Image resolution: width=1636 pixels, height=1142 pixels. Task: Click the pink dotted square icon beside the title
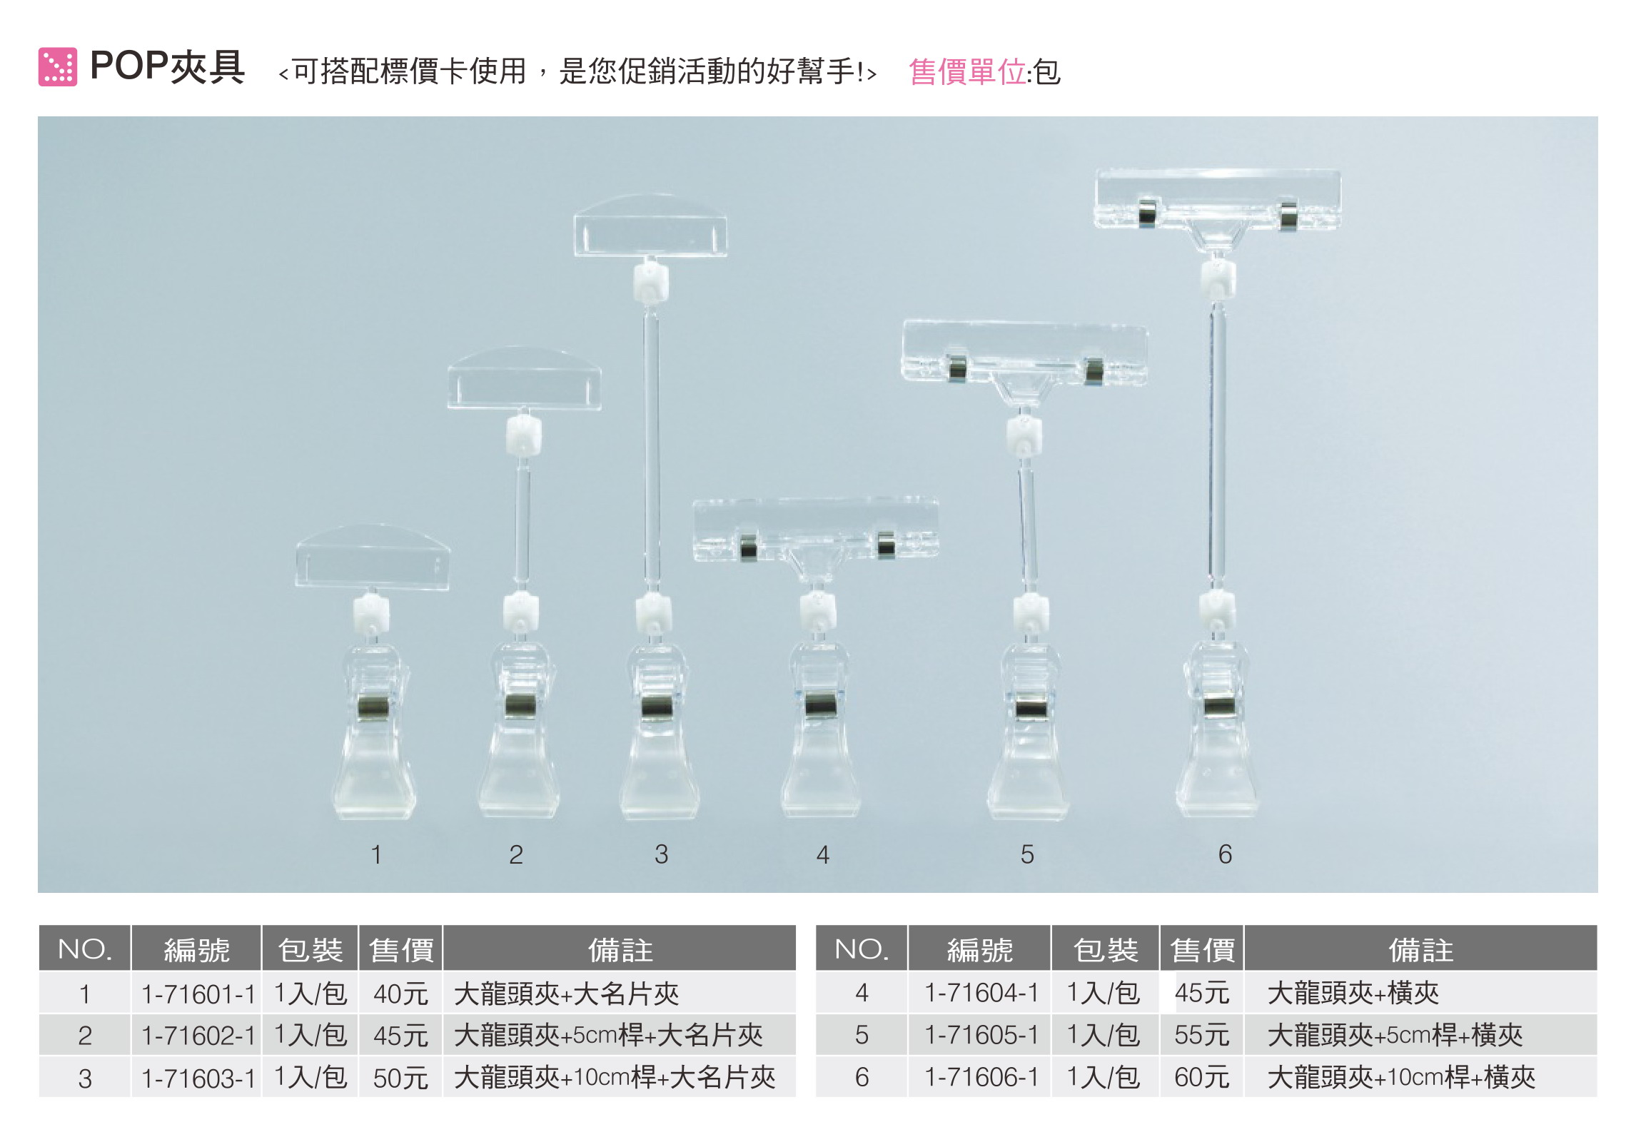coord(57,67)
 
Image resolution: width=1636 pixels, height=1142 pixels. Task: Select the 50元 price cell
coord(400,1078)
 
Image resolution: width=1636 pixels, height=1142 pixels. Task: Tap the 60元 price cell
coord(1201,1077)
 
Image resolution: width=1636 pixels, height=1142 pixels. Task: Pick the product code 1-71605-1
coord(981,1035)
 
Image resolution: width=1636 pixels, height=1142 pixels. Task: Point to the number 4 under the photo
coord(823,854)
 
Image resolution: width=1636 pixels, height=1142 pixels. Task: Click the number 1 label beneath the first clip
coord(376,854)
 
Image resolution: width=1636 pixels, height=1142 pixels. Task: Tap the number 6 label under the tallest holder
coord(1225,854)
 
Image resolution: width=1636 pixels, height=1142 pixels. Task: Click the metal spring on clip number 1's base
coord(373,707)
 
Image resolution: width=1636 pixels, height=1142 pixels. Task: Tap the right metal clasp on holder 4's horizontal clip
coord(886,545)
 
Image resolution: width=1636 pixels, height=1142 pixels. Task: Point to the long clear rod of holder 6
coord(1217,443)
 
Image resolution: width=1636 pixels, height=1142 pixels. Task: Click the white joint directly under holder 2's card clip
coord(523,435)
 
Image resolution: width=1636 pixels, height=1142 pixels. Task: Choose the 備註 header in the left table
coord(620,950)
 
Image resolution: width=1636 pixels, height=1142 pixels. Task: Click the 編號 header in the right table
coord(979,950)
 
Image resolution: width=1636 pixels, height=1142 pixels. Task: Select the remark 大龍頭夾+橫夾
coord(1353,993)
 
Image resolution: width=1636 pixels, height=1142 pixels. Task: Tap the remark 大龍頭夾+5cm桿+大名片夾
coord(608,1035)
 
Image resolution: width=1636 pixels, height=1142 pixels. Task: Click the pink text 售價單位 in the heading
coord(967,72)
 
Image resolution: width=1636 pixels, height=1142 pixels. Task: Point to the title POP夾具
coord(168,67)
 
